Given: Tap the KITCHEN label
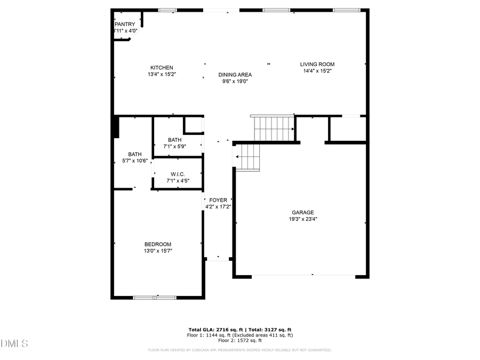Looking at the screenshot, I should point(162,68).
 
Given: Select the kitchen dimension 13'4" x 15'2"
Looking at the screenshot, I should point(162,75).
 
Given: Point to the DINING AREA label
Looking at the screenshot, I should point(235,75).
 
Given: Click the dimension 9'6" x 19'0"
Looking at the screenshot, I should point(235,82).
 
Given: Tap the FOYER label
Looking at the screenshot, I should point(218,200).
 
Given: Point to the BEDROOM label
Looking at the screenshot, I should point(157,244).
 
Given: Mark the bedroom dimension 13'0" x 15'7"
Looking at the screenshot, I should point(157,251).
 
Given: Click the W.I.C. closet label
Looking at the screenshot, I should point(178,174).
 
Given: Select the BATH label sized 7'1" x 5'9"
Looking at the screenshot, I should point(174,140).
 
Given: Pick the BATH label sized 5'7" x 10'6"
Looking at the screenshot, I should point(134,154).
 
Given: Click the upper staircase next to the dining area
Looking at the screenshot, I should point(273,128).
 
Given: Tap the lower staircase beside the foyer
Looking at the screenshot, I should point(247,157).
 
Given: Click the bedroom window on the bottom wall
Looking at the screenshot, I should point(155,297).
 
